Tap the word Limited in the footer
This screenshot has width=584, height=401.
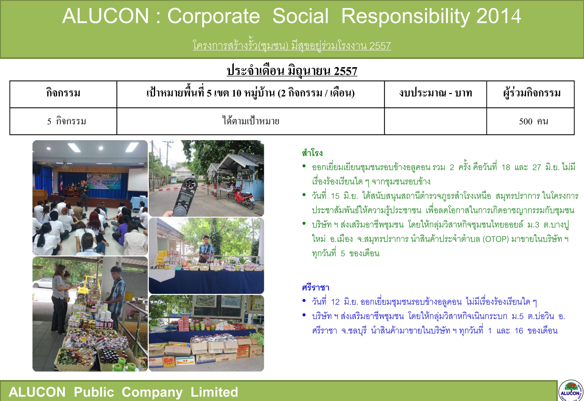point(214,392)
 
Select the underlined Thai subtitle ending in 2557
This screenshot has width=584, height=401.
point(292,46)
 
